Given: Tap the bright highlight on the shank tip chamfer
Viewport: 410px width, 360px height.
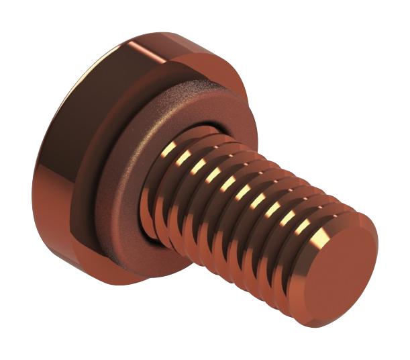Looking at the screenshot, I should [x=321, y=231].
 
